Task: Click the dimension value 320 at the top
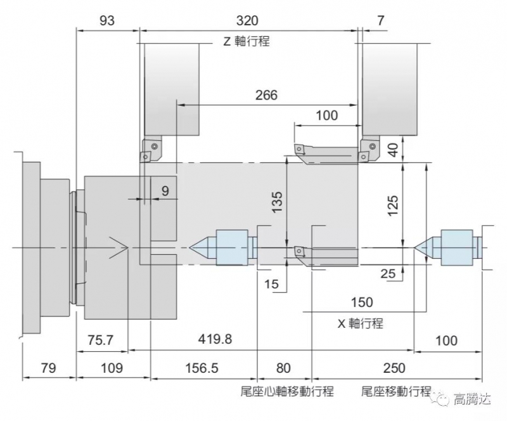[247, 20]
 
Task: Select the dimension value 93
[107, 20]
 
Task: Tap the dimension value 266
[266, 95]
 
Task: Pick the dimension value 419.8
[214, 339]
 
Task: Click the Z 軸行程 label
[247, 42]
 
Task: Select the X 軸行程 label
[360, 323]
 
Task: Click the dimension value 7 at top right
[380, 20]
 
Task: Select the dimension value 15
[271, 285]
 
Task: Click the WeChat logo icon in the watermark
[439, 399]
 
